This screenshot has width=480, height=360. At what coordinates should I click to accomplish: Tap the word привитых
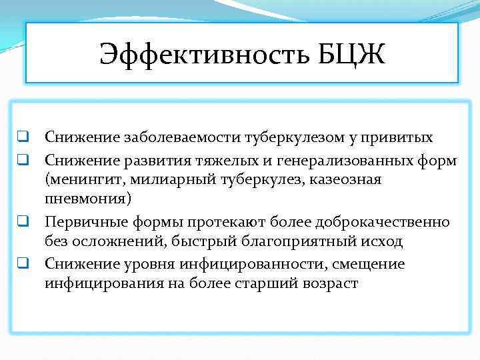[400, 138]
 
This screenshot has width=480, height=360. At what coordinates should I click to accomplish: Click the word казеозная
[347, 181]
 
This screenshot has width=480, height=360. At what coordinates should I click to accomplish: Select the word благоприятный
[277, 242]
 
